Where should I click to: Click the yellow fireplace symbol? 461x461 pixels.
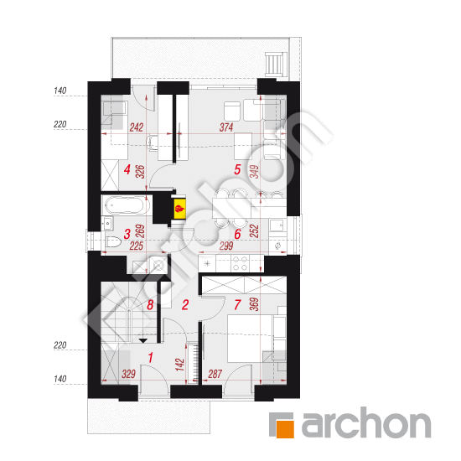[x=180, y=209]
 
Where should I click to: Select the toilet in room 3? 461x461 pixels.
[x=113, y=242]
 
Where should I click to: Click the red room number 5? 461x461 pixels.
[x=237, y=169]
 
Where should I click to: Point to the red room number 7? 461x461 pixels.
[x=237, y=305]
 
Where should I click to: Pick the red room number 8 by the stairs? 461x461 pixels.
[x=150, y=305]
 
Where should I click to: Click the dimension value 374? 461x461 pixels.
[x=226, y=127]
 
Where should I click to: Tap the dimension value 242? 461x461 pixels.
[x=137, y=127]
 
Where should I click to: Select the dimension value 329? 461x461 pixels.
[x=129, y=374]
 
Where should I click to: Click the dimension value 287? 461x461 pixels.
[x=215, y=374]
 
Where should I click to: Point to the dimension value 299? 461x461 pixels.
[x=226, y=246]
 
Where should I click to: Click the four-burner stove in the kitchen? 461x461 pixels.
[x=240, y=263]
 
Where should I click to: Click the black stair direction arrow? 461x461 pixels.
[x=142, y=341]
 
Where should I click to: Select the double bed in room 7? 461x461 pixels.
[x=251, y=339]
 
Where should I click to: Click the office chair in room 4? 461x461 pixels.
[x=153, y=142]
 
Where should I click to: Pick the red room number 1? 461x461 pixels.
[x=151, y=358]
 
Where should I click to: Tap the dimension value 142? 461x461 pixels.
[x=181, y=365]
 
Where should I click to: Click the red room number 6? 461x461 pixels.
[x=237, y=235]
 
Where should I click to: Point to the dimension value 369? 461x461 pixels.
[x=254, y=304]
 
